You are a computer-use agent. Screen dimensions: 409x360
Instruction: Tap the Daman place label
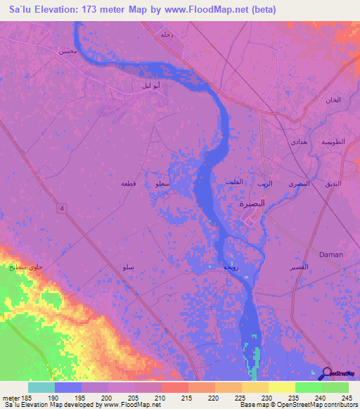pos(330,254)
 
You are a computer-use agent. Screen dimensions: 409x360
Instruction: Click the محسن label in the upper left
pos(67,52)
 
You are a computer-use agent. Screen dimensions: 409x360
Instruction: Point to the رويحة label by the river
pos(230,268)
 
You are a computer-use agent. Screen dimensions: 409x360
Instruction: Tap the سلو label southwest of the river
pos(128,268)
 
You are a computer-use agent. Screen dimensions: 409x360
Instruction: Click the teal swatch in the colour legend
pos(41,387)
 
